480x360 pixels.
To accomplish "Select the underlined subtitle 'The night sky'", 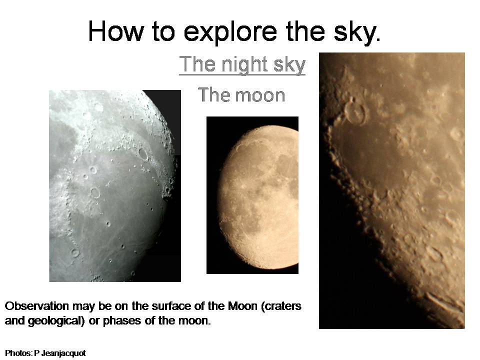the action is (242, 65).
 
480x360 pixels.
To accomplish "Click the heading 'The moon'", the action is (241, 94).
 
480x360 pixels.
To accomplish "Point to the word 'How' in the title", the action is (116, 31).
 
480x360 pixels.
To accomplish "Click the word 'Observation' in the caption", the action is (36, 306).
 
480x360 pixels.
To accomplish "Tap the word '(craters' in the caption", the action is (281, 306).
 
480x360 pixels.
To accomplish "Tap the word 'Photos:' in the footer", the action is (18, 353).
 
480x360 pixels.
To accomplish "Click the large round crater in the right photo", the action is (355, 113).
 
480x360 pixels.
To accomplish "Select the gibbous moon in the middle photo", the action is (258, 197).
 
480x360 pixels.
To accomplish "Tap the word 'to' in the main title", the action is (163, 31).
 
